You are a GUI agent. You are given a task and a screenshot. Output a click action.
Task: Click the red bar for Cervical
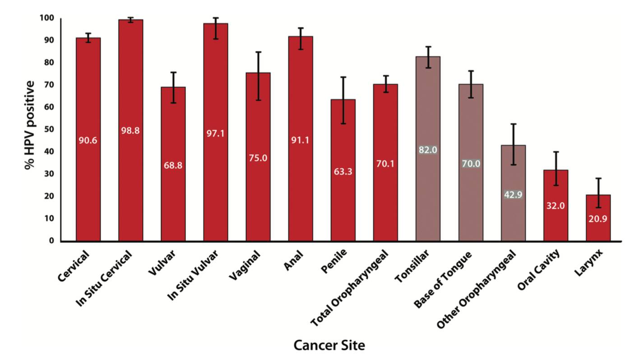(88, 139)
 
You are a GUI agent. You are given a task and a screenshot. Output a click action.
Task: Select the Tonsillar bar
(428, 149)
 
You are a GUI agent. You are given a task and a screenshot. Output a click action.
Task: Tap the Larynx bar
(598, 218)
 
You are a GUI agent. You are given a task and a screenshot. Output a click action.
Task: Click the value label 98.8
(130, 131)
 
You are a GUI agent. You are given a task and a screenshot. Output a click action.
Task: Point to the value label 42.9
(513, 194)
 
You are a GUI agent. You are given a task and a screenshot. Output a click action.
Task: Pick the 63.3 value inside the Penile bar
(343, 171)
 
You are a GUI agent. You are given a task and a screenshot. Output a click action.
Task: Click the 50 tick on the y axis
(49, 129)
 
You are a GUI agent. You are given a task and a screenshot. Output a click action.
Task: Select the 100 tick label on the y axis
(47, 18)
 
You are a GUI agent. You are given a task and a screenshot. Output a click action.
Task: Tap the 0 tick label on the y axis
(51, 241)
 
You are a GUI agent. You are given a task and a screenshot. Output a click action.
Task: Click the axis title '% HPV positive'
(29, 125)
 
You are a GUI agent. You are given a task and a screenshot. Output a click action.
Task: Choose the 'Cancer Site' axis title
(329, 345)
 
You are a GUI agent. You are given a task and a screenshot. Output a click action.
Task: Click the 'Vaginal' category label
(245, 265)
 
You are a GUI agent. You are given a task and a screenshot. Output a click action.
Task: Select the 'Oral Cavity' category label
(538, 270)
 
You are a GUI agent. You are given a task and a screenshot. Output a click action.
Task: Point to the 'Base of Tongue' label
(443, 280)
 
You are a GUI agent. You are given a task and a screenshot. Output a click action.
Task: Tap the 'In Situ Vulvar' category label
(193, 275)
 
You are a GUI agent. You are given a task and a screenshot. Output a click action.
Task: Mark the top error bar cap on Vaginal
(258, 52)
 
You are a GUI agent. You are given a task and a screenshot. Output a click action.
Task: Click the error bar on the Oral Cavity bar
(556, 169)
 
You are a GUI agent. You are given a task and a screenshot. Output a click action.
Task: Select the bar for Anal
(301, 139)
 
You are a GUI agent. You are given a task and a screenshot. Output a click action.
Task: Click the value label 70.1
(385, 164)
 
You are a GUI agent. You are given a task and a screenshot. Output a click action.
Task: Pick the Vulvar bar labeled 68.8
(173, 164)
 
